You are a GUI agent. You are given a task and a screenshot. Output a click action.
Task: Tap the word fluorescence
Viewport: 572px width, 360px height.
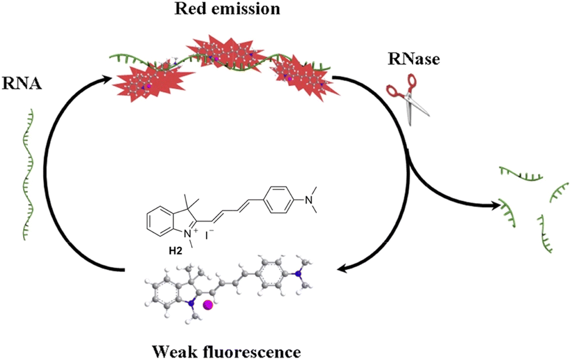257,352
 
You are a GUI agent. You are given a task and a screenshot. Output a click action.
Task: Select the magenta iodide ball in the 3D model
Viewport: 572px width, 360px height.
208,305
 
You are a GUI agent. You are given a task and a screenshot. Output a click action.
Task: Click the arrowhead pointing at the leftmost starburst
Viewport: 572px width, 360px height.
107,79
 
